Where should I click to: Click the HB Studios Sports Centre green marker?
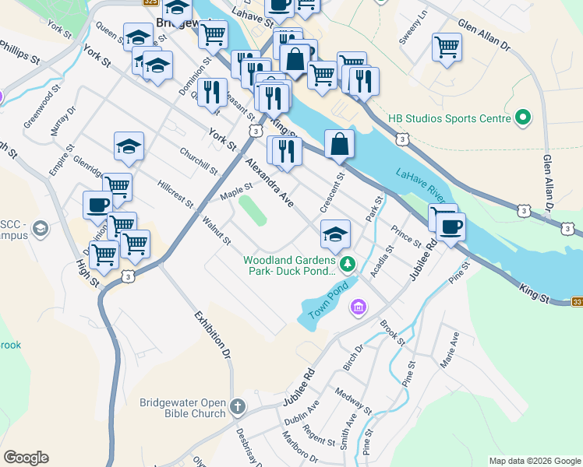pos(523,118)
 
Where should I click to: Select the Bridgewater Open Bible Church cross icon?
pos(237,407)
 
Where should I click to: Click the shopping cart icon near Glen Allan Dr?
pos(447,46)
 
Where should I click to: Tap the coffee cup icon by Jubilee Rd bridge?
pos(450,227)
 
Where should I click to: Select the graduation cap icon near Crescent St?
pos(334,233)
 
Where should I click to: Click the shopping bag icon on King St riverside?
pos(339,143)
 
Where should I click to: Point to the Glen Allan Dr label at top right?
pos(483,36)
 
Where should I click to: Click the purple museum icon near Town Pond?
pos(358,308)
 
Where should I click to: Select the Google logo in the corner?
pos(26,458)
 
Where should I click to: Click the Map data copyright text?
pos(535,461)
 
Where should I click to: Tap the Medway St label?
pos(352,401)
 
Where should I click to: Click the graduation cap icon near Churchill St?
pos(129,146)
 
